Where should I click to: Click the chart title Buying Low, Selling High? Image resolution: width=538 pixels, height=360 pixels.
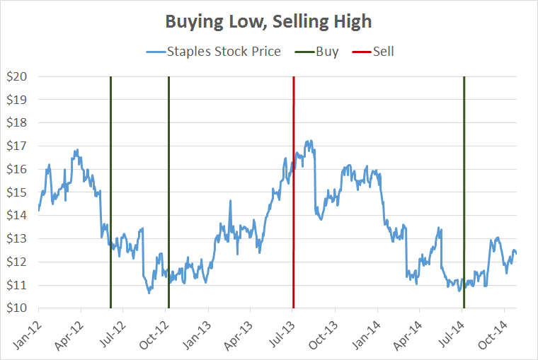[268, 22]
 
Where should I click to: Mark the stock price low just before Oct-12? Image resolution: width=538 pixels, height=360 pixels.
[149, 292]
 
